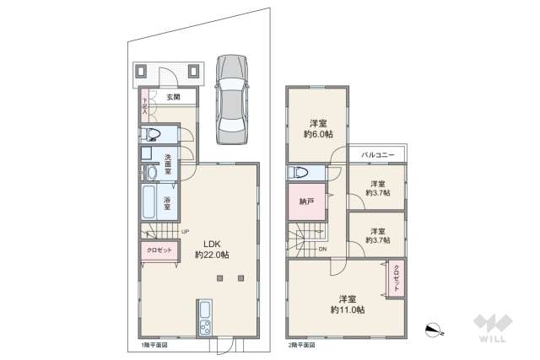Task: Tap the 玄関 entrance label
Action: coord(172,98)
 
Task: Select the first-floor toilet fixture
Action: coord(154,134)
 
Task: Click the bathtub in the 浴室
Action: coord(150,203)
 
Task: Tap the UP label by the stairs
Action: coord(184,233)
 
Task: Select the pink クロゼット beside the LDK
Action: coord(159,251)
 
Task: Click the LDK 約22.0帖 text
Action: coord(211,249)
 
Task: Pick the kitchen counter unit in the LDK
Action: coord(204,318)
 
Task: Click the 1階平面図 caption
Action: coord(154,346)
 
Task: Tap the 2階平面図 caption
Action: coord(301,346)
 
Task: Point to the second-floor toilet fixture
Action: coord(300,173)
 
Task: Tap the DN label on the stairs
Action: coord(321,249)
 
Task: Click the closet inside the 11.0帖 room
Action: coord(395,279)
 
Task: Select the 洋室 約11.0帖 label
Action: coord(348,304)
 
